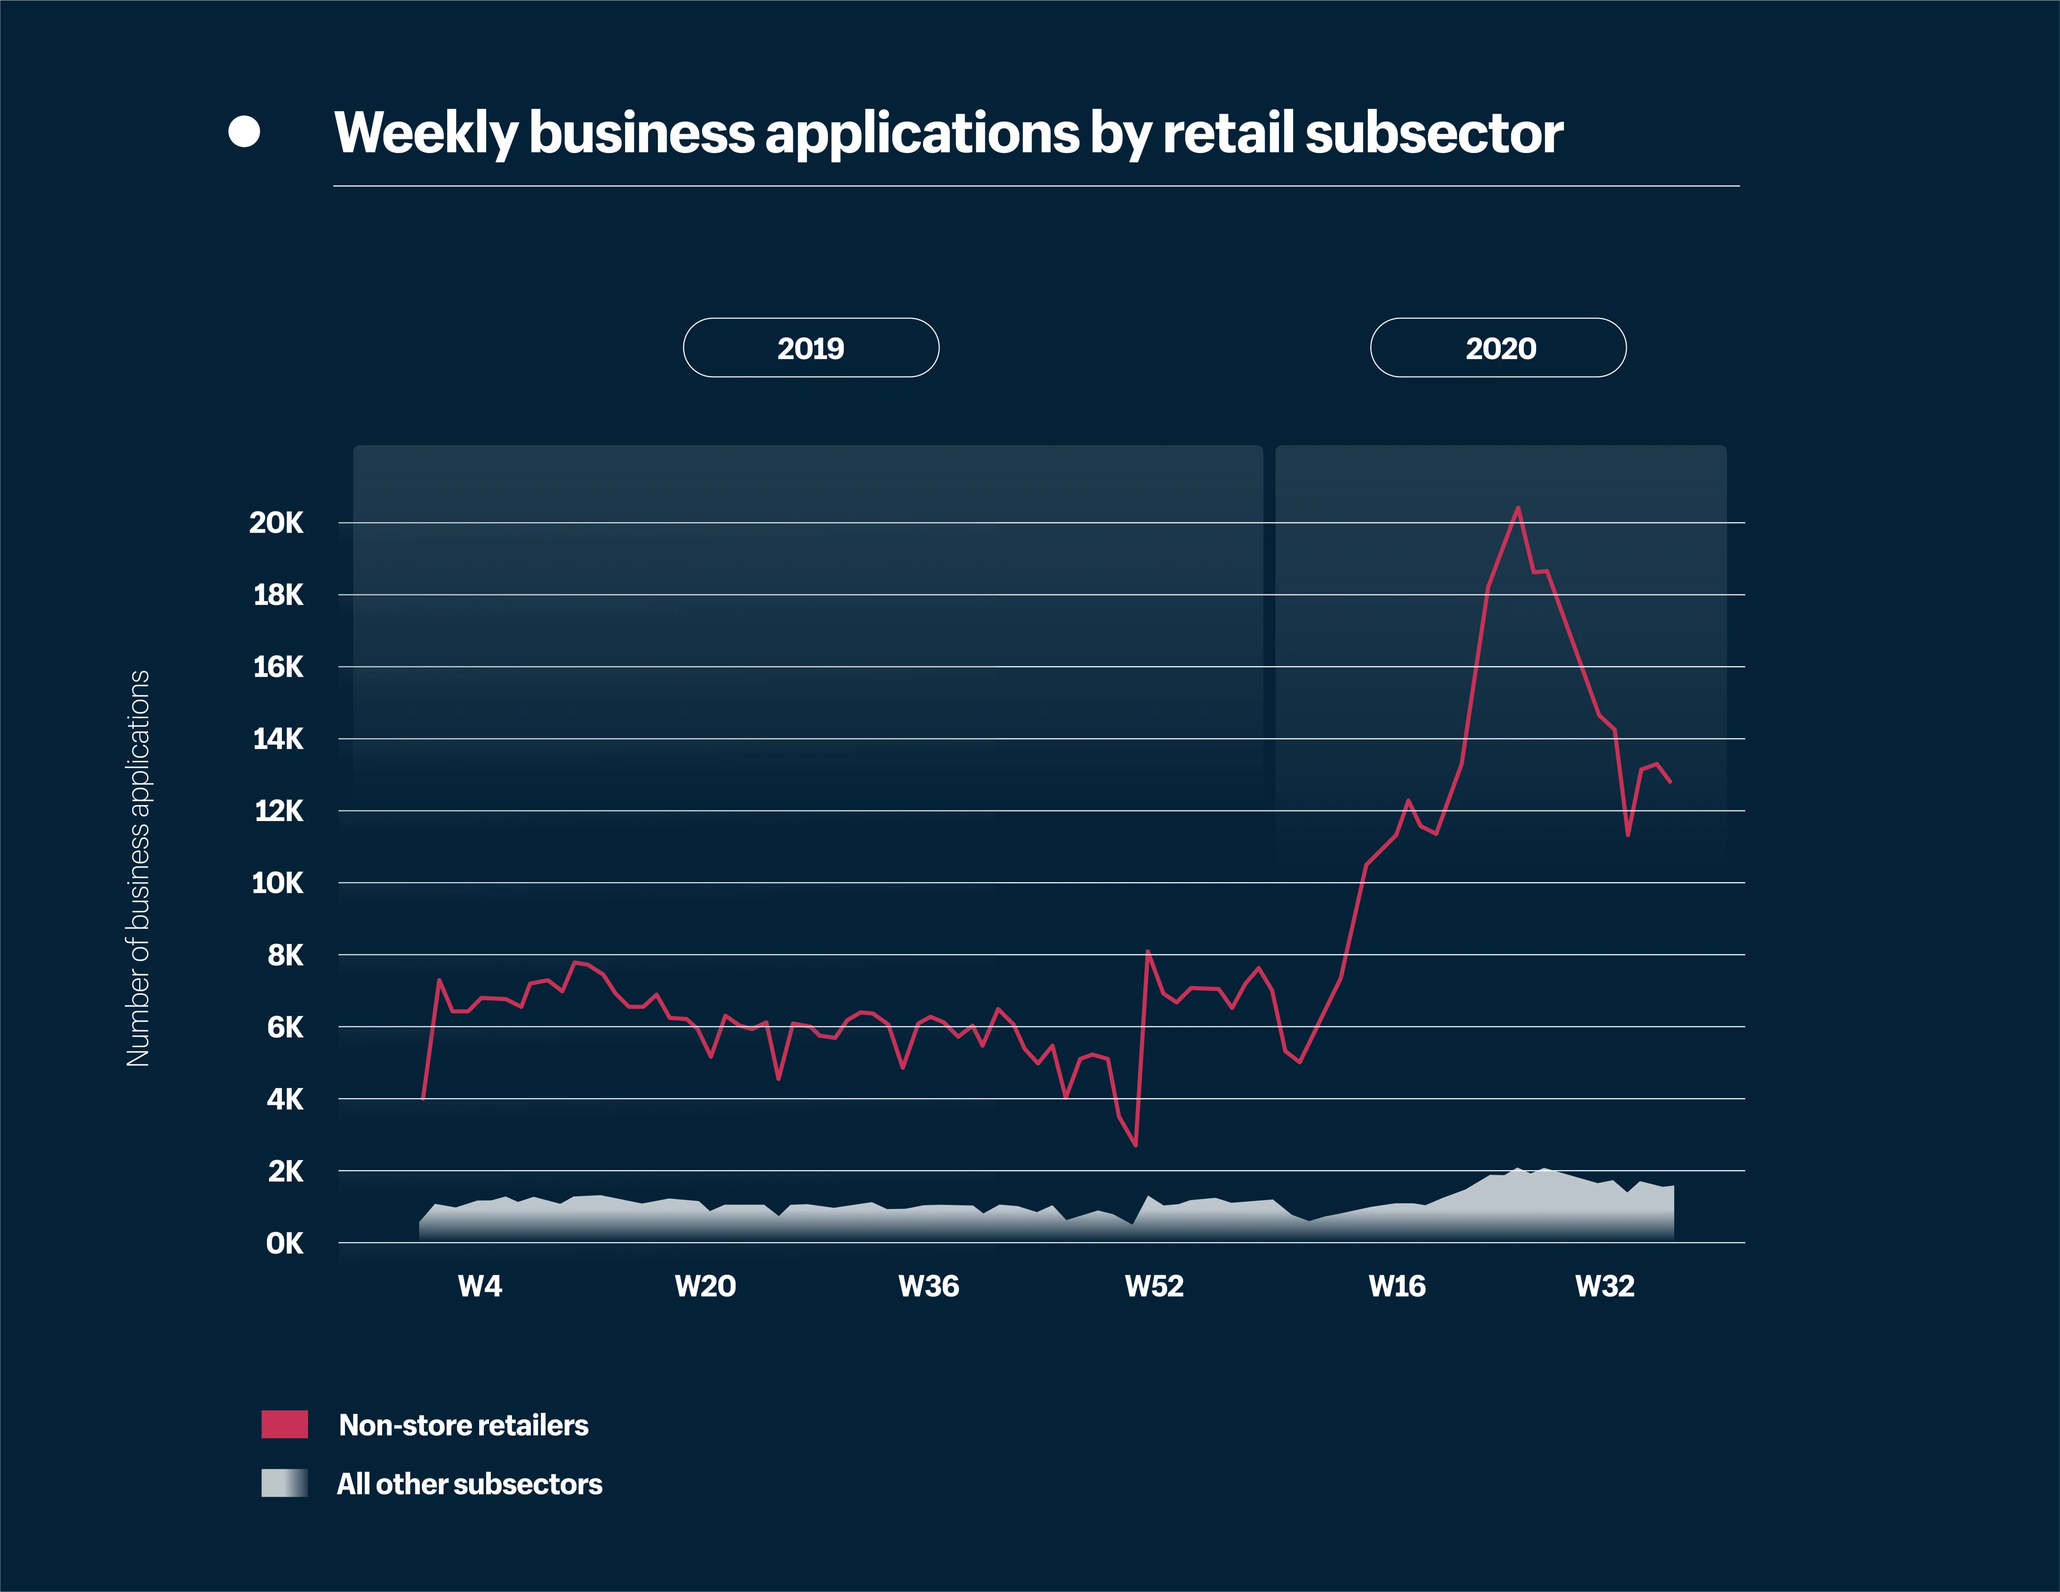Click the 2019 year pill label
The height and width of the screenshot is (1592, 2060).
810,348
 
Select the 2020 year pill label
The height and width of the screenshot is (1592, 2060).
1500,348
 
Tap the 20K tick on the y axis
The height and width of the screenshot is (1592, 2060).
277,523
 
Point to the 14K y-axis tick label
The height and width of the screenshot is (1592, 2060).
278,739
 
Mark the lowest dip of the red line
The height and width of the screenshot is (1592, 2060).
1135,1145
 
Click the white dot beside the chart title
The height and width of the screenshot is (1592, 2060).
244,132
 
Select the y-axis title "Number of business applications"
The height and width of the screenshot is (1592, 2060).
139,868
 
